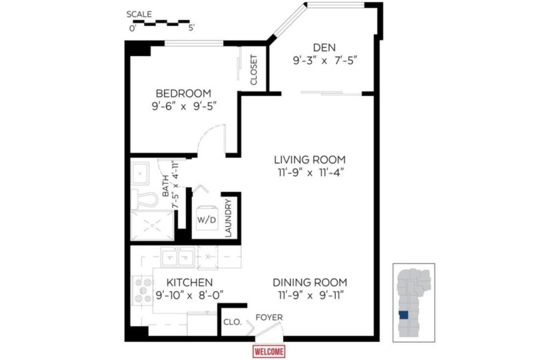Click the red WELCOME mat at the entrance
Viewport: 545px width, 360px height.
point(269,351)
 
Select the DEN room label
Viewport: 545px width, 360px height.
point(324,47)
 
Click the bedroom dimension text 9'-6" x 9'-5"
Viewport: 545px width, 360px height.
point(184,106)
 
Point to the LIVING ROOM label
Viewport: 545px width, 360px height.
point(310,159)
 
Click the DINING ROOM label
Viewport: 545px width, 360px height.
point(310,282)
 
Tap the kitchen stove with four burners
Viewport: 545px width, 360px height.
point(143,290)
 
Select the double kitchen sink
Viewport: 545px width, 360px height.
point(178,258)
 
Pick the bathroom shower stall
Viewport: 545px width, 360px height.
point(152,225)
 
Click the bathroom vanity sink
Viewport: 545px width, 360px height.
point(140,173)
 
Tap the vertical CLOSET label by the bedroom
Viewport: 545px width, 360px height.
point(254,69)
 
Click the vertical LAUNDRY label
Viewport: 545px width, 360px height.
point(229,218)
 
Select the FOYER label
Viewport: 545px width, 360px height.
point(269,317)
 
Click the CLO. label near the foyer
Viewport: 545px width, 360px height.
point(233,322)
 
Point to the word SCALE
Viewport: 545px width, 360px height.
point(139,14)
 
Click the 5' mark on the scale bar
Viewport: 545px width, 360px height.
point(191,28)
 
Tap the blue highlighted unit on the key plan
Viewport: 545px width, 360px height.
point(404,315)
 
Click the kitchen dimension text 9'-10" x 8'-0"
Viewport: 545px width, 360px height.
point(189,295)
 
